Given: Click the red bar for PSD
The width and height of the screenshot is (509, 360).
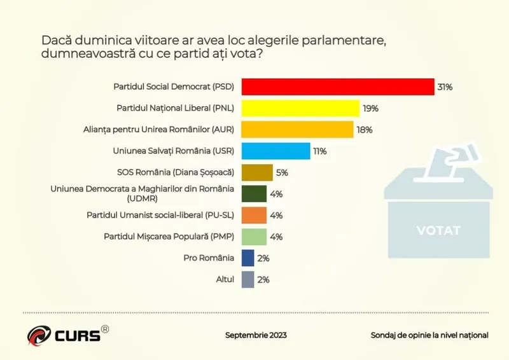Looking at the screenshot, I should click(x=337, y=87).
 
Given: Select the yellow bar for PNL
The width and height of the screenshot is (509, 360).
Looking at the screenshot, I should click(x=300, y=108).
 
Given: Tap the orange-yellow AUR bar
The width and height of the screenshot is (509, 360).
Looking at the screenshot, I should click(x=297, y=130).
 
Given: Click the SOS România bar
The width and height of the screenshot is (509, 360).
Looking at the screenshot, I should click(x=257, y=172).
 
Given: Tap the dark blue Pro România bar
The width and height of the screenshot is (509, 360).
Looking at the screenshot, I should click(x=248, y=258).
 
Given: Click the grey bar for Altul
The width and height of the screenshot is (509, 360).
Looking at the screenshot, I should click(x=248, y=279).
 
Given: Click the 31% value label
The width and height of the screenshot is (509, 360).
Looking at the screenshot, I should click(x=444, y=87).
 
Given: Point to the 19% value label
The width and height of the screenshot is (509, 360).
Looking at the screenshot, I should click(x=370, y=108).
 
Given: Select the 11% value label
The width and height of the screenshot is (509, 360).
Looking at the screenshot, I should click(x=319, y=151).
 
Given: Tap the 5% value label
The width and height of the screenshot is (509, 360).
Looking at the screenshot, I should click(x=282, y=172).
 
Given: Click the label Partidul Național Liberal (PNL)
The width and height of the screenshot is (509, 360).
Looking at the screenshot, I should click(x=175, y=108).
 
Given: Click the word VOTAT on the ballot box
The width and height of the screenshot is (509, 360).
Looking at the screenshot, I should click(x=438, y=230).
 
